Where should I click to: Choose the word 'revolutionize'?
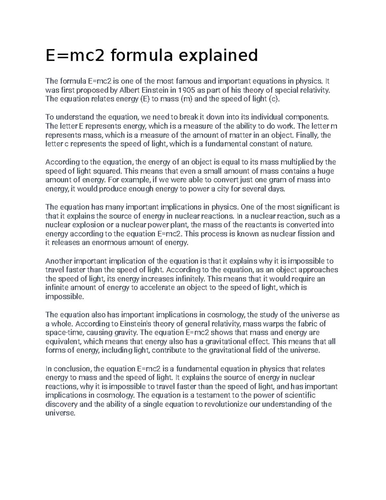[226, 404]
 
